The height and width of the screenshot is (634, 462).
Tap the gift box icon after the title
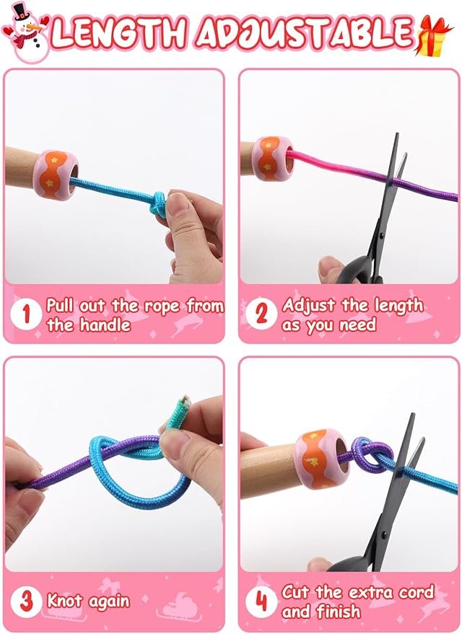434,35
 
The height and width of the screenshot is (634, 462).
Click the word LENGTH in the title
119,32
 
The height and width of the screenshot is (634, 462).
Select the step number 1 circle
26,314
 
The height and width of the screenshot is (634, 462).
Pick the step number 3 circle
26,602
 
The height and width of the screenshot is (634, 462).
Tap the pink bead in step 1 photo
56,175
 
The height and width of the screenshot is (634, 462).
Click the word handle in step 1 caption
105,325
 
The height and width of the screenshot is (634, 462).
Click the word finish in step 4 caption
339,612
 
